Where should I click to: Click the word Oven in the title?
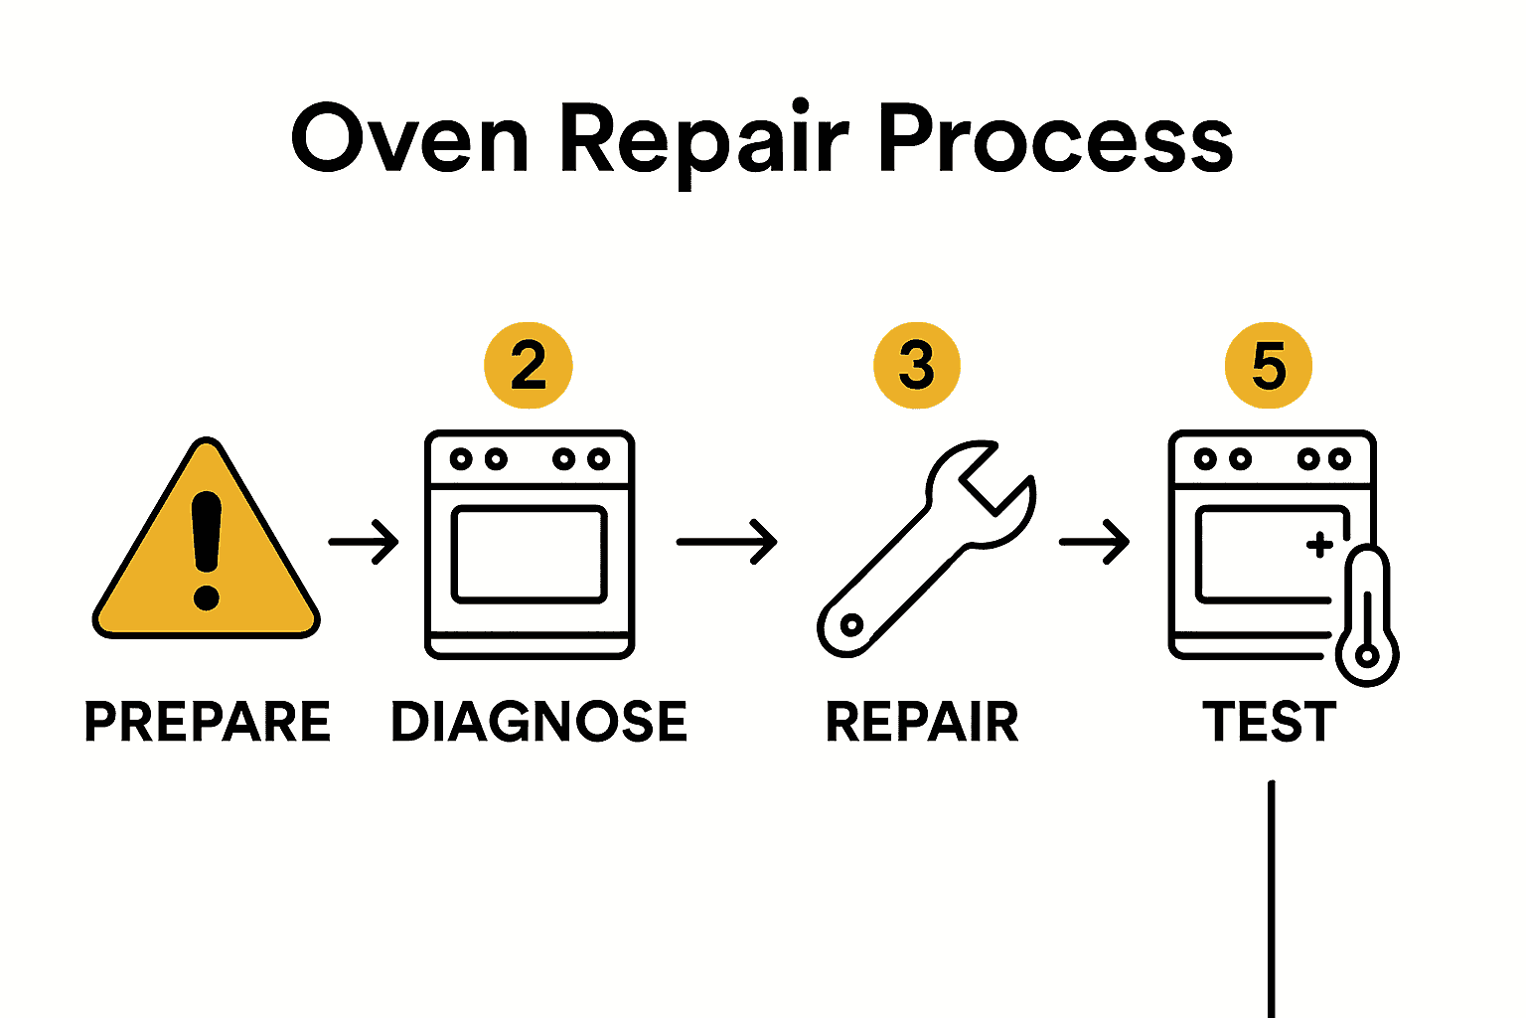(408, 140)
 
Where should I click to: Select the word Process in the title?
(1054, 140)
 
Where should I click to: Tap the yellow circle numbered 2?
(529, 365)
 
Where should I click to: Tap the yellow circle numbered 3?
(916, 365)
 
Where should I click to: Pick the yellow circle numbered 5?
(1269, 365)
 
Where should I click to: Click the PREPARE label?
(207, 722)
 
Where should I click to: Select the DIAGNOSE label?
(538, 722)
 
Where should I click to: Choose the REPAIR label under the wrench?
(922, 722)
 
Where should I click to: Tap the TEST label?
(1269, 722)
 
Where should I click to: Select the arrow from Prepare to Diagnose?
(364, 542)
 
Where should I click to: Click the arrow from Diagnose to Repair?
(726, 542)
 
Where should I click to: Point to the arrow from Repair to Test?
(1094, 542)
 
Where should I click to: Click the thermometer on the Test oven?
(1367, 616)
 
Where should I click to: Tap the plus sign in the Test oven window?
(1319, 545)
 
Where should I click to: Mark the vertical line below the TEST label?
(1271, 895)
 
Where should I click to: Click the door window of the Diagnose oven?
(529, 555)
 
